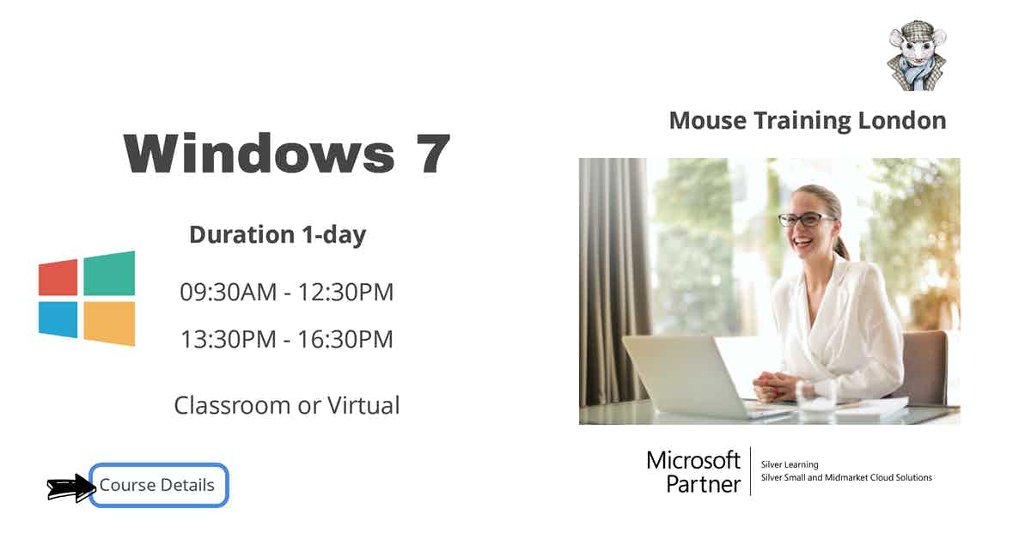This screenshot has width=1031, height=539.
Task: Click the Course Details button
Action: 158,485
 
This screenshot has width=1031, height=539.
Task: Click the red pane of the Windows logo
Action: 58,278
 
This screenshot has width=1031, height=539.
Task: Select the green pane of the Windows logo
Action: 110,273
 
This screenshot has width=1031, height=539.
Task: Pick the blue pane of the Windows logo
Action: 58,319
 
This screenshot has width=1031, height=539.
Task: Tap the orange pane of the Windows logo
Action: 110,324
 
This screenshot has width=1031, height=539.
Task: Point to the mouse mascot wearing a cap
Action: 917,55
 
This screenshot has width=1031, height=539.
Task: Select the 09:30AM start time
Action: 229,292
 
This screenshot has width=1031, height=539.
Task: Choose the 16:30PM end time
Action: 345,339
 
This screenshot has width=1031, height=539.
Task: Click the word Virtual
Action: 363,405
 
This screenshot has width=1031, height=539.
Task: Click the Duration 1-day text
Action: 278,235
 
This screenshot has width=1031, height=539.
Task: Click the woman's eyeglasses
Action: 807,220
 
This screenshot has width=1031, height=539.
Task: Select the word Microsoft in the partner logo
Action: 693,460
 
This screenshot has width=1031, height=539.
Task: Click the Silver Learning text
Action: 790,464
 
